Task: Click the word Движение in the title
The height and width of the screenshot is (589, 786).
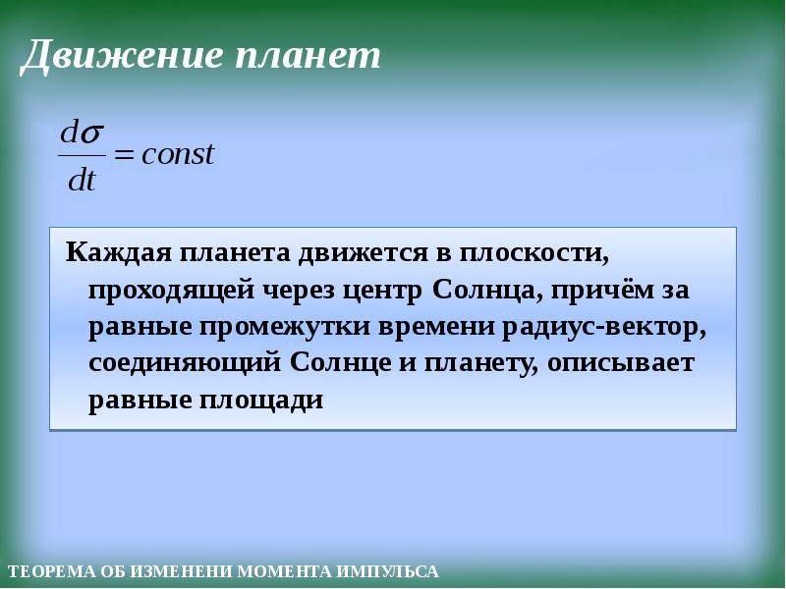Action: pos(118,56)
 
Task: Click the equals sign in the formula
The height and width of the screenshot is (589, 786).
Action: pos(125,156)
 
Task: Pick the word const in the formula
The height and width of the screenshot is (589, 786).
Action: pos(178,155)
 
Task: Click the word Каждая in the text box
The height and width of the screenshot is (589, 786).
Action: pos(117,254)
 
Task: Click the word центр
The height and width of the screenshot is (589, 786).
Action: pos(383,292)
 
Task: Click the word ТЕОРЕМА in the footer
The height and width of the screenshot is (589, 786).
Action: pos(44,571)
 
